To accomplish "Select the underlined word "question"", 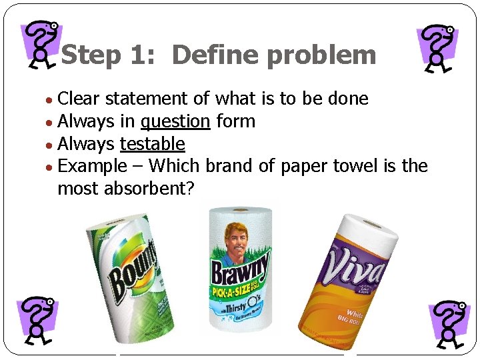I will coord(175,121).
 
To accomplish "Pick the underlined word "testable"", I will coord(152,144).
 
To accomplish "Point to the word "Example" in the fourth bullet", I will coord(92,166).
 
